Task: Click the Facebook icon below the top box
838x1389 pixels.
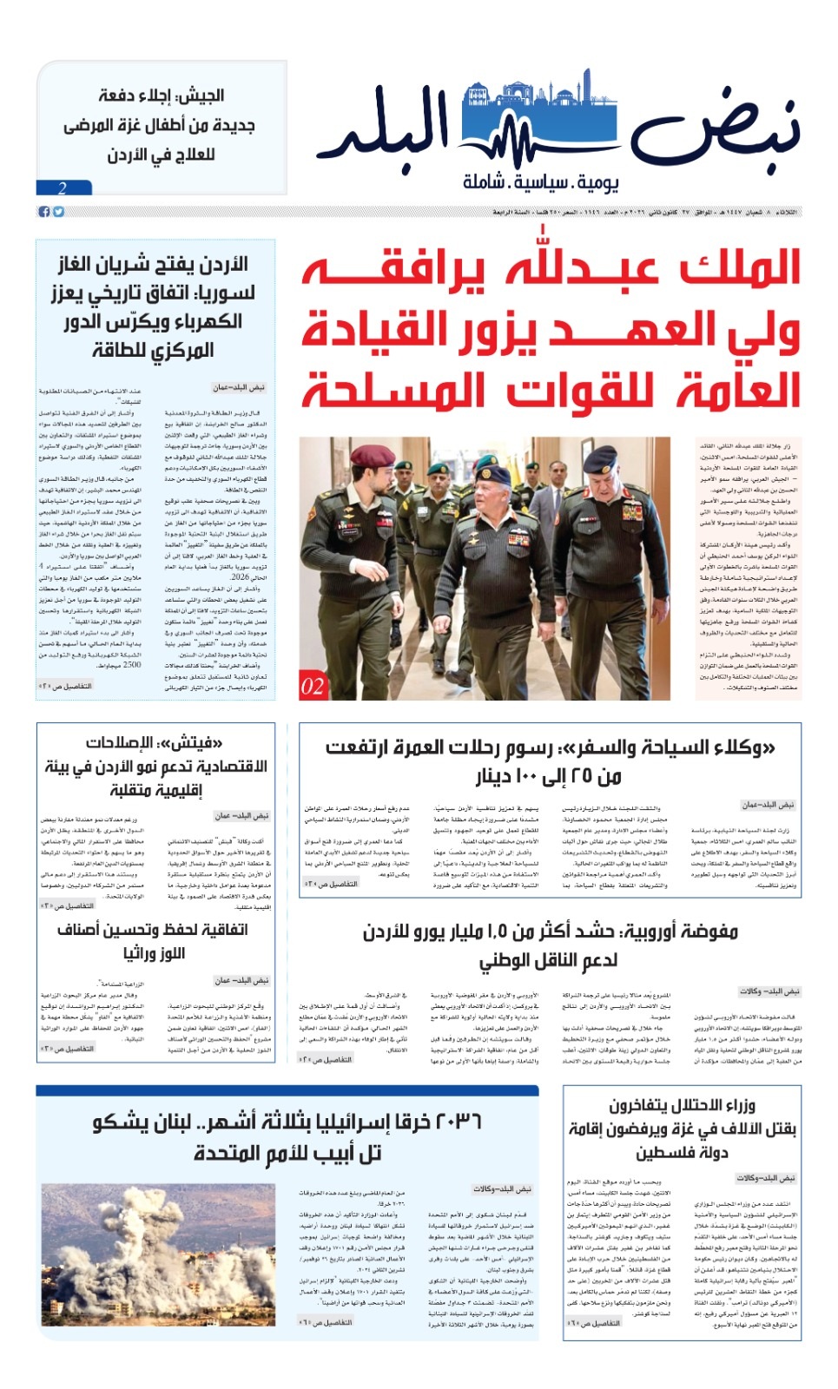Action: (x=43, y=211)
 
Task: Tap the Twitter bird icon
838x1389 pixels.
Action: (x=58, y=211)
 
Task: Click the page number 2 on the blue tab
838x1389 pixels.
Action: (x=63, y=188)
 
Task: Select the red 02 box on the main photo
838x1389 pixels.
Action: (x=313, y=686)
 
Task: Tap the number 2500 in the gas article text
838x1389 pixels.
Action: (x=131, y=664)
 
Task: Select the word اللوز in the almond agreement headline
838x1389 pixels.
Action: (x=166, y=952)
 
